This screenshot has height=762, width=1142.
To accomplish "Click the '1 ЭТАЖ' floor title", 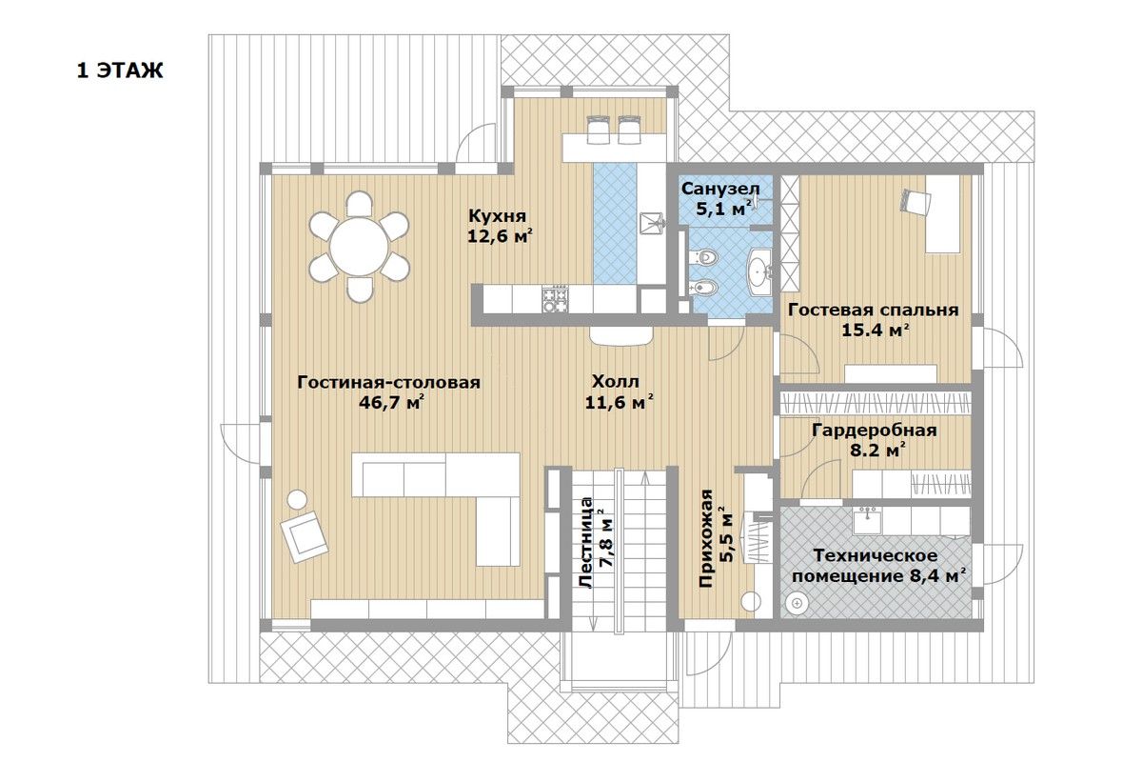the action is [x=120, y=70].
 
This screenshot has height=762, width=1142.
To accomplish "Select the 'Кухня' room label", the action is [x=497, y=215].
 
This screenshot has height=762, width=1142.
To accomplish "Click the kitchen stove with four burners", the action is [x=555, y=298].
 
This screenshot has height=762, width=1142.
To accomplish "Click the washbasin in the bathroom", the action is [x=759, y=269].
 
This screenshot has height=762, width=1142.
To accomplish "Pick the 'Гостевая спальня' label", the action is [x=874, y=310].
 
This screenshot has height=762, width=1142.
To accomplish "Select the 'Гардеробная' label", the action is [x=874, y=431].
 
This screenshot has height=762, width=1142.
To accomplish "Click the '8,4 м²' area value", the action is [x=937, y=576].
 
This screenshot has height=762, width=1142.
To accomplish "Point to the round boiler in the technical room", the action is [x=797, y=603].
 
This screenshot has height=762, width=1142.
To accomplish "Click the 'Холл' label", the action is [x=616, y=381].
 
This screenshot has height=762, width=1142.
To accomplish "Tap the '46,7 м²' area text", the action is [x=391, y=403].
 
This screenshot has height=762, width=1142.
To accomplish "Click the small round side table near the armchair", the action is [x=297, y=499].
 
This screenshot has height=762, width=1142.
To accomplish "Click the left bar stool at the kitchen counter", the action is [x=598, y=130].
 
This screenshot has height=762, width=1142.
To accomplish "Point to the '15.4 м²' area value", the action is [x=875, y=331].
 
